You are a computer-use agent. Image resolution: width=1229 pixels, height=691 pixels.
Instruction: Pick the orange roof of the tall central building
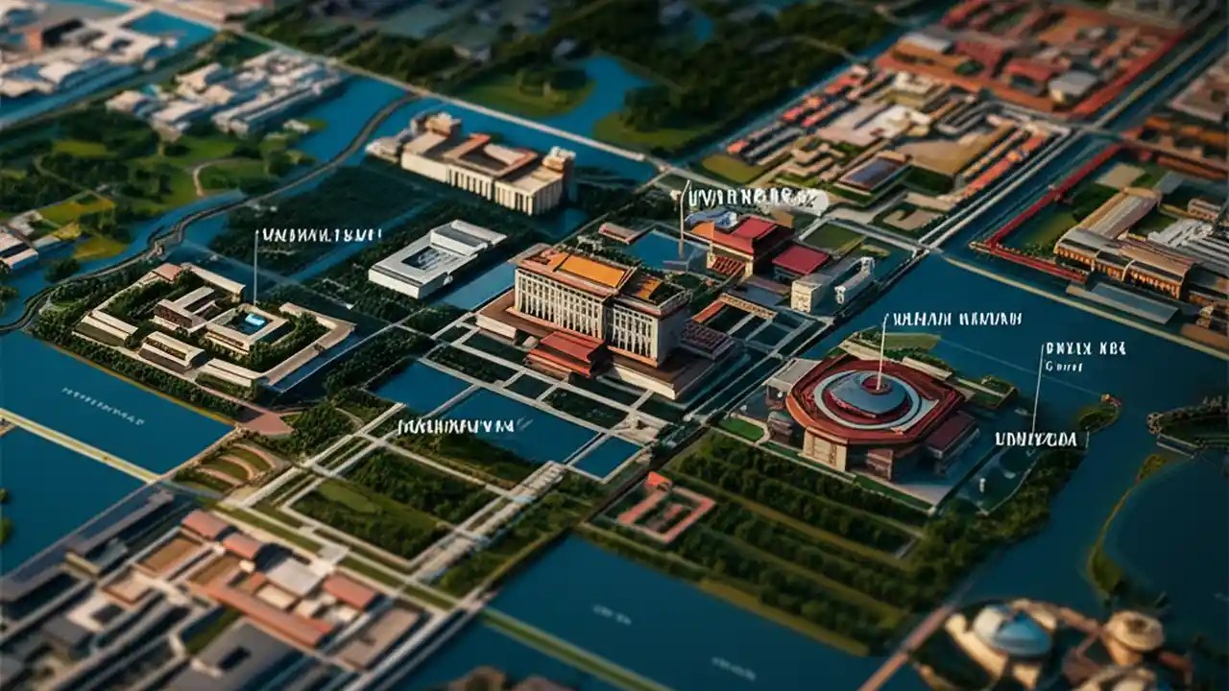(x=588, y=270)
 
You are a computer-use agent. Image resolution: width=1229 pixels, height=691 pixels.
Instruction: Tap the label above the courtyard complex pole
(x=321, y=235)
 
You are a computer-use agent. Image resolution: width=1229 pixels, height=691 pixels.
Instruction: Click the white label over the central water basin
(x=456, y=426)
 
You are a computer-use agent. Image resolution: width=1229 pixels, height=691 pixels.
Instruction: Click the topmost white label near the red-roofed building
(x=752, y=199)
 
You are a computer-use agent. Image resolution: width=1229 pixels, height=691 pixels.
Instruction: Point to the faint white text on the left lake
(x=103, y=406)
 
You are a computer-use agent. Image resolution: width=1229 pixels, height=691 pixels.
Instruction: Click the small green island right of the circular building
(x=1096, y=414)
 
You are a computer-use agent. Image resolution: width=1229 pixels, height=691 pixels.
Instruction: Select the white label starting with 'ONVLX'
(x=1085, y=348)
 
